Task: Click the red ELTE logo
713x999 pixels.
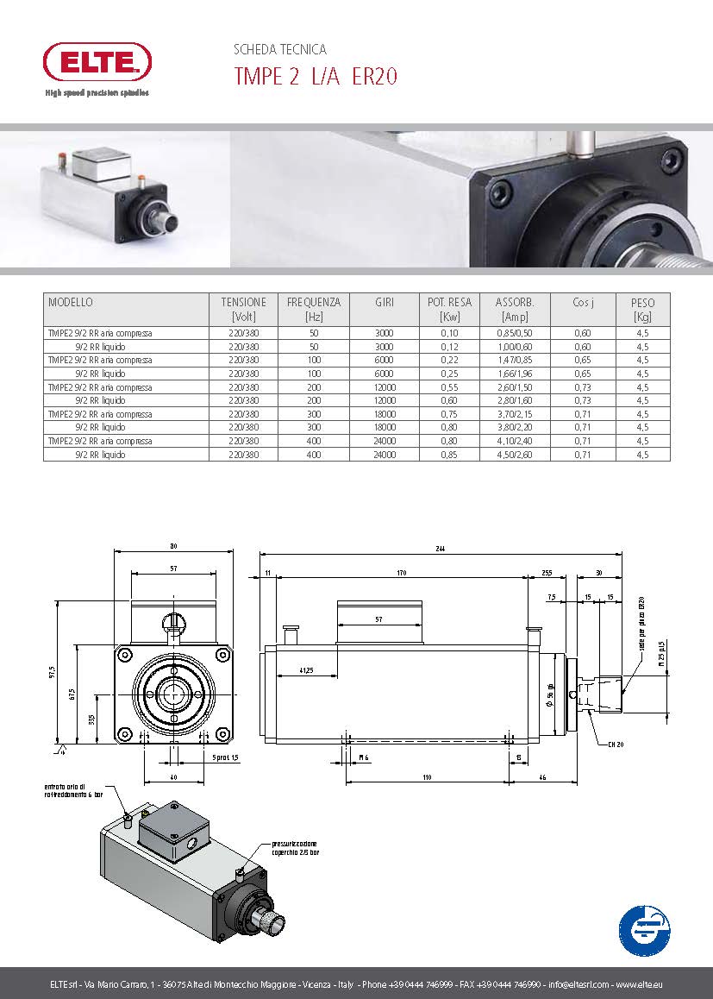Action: tap(97, 62)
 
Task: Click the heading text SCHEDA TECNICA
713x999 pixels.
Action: tap(280, 50)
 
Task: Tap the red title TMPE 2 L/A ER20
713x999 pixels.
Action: tap(316, 77)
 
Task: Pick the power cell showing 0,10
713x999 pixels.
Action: tap(449, 333)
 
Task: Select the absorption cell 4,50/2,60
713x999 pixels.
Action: tap(515, 455)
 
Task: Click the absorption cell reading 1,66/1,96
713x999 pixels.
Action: tap(515, 374)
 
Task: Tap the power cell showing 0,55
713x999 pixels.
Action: tap(449, 387)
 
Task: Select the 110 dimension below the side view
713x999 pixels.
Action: tap(427, 777)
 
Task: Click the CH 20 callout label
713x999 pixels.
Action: tap(615, 744)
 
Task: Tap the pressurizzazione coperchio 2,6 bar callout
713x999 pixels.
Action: tap(296, 848)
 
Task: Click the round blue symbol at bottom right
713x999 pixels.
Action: tap(644, 930)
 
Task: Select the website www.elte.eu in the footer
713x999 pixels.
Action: tap(639, 985)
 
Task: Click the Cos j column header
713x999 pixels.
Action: tap(583, 303)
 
